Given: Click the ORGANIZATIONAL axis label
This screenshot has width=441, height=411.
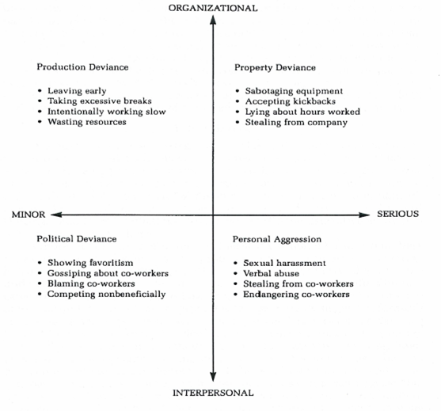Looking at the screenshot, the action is click(213, 8).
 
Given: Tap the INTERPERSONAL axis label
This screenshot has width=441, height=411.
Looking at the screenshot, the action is click(213, 393).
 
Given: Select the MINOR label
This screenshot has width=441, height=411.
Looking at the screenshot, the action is click(29, 215).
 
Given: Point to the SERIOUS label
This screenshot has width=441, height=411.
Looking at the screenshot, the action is click(397, 214).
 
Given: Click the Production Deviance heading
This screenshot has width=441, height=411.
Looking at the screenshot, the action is click(82, 67).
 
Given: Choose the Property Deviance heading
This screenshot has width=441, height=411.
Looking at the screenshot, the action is click(275, 67).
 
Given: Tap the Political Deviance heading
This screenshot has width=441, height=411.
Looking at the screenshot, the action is click(77, 239).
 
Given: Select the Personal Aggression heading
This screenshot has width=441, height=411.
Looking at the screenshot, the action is click(277, 239).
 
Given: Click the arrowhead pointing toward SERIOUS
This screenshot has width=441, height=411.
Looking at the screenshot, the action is click(364, 215).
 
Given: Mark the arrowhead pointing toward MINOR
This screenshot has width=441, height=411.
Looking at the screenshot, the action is click(55, 215).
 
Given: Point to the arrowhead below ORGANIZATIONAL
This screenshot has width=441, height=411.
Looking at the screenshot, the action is click(213, 20).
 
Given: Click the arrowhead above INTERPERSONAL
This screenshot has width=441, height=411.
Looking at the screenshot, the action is click(213, 376).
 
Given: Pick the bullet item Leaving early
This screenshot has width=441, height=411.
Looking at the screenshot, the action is click(77, 91).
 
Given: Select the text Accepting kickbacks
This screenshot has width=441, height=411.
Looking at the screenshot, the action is click(291, 101).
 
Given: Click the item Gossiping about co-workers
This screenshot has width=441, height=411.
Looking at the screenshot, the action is click(108, 273).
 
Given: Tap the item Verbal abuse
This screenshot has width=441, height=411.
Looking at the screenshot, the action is click(271, 273).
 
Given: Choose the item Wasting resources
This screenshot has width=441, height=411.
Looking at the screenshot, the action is click(86, 122).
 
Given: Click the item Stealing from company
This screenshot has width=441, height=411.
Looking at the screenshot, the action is click(296, 123).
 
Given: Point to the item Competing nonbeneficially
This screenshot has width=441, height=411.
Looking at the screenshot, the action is click(106, 295).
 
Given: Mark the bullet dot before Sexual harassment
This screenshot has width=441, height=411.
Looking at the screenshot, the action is click(236, 264).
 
